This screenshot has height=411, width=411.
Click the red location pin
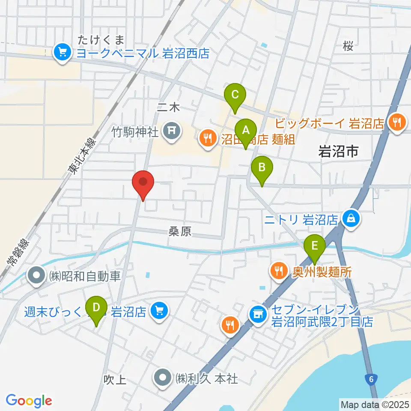pos(143,183)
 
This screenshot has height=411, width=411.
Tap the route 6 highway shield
pos(372,378)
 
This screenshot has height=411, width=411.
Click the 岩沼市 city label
pos(338,151)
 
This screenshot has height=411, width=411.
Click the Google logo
pos(29,401)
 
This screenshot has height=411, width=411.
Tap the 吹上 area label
pos(115,379)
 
